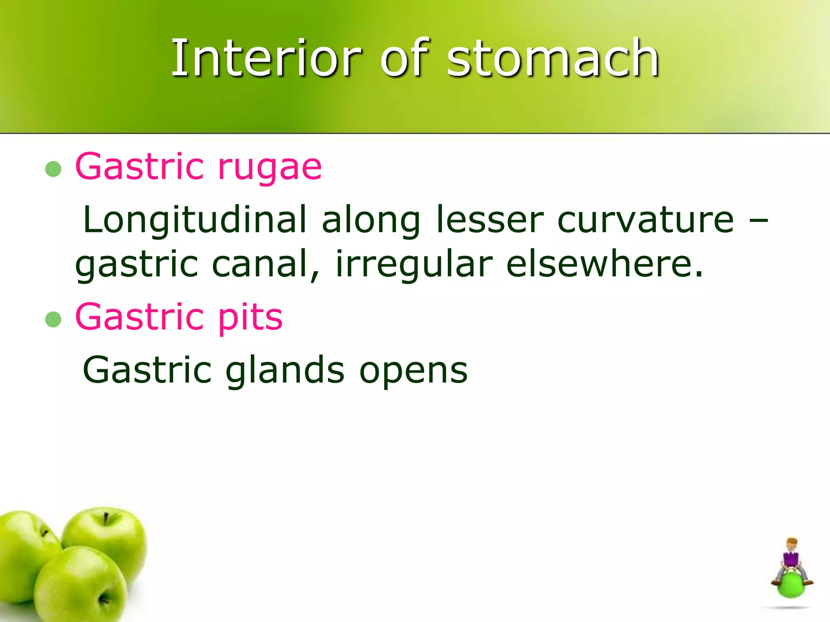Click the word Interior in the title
click(x=265, y=58)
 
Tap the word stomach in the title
click(x=553, y=58)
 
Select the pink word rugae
click(x=270, y=167)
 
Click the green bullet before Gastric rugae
click(x=53, y=169)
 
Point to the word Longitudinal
click(x=195, y=220)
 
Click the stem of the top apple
click(x=106, y=518)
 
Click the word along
click(x=371, y=220)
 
